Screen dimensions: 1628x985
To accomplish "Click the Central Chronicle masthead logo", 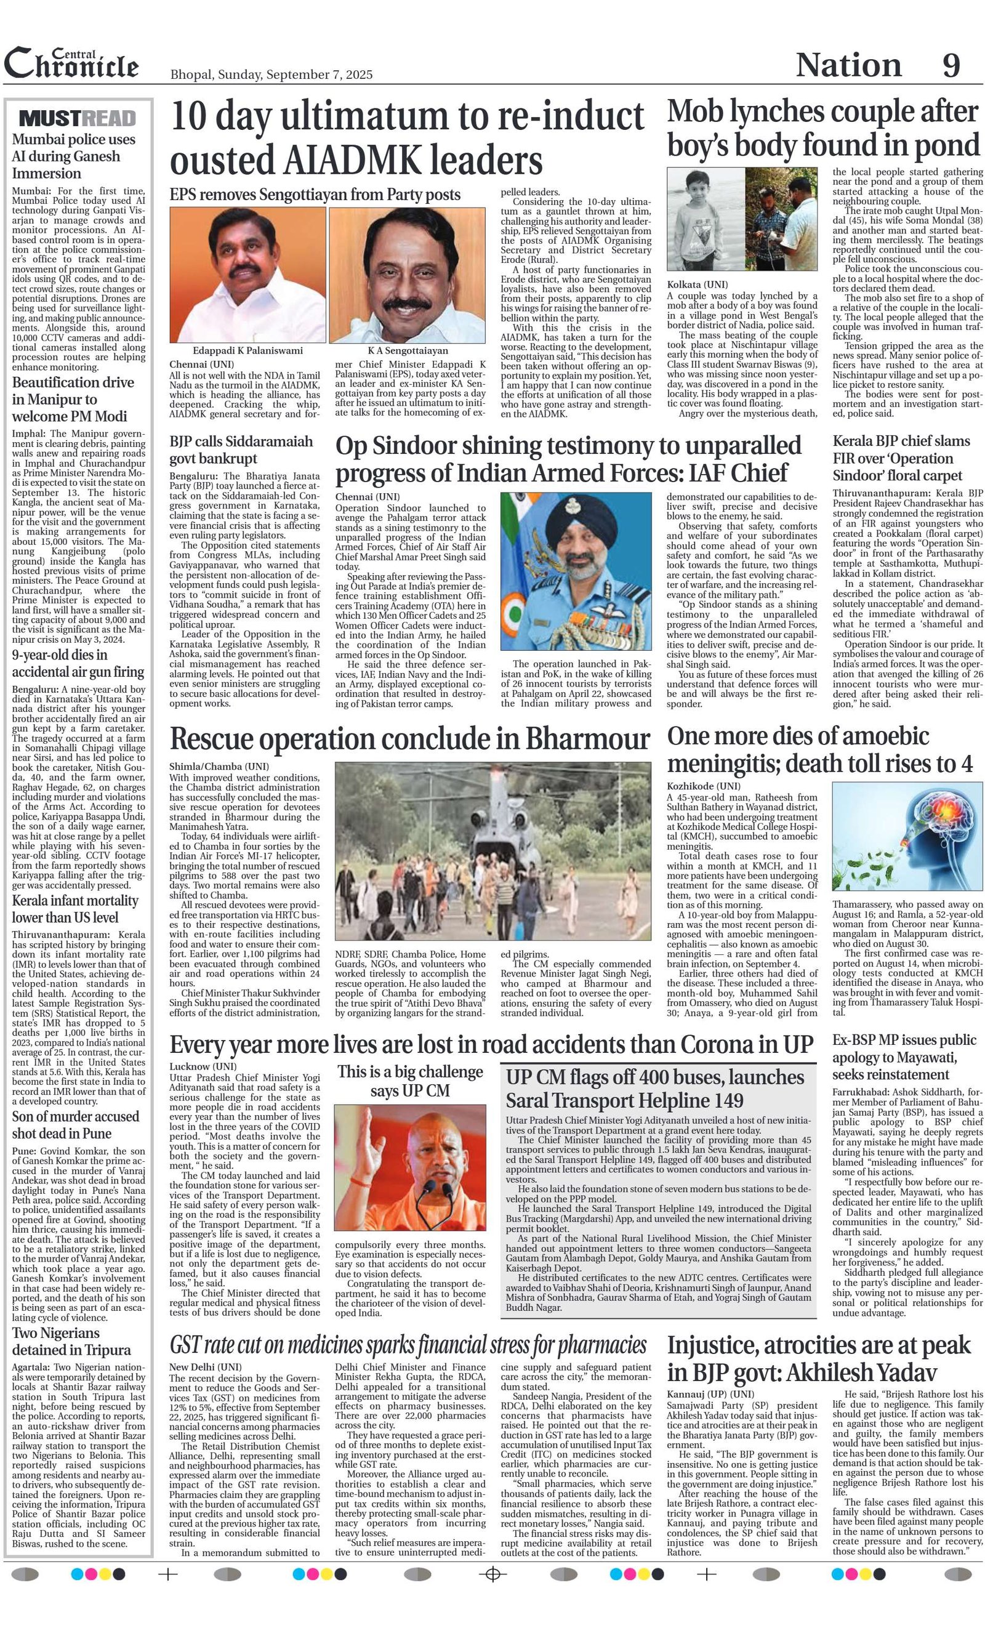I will [71, 63].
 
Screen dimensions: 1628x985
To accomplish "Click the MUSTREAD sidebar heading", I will [78, 118].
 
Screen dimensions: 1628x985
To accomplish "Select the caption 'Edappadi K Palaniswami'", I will [247, 350].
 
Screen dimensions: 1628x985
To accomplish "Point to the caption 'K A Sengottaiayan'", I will [408, 350].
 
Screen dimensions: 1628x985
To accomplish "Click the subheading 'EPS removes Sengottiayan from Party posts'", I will [315, 194].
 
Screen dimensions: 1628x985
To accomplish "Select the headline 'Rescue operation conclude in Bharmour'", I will [409, 739].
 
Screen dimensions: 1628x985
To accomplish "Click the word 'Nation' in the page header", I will [848, 65].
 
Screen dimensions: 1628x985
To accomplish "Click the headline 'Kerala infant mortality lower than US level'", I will [75, 908].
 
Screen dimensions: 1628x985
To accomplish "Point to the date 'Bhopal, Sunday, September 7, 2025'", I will [271, 75].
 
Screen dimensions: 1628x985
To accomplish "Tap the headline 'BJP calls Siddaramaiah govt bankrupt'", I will [241, 450].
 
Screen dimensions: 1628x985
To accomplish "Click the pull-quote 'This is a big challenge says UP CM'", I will [409, 1081].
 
